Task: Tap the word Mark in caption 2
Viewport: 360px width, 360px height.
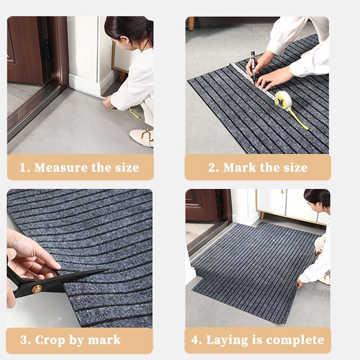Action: click(239, 167)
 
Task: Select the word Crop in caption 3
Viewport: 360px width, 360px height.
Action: click(50, 341)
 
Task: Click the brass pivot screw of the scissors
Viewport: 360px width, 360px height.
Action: click(37, 289)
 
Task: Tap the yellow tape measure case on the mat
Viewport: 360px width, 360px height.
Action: click(283, 100)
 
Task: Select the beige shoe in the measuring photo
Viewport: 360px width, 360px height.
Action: click(142, 137)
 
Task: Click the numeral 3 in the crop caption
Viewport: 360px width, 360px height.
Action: click(24, 340)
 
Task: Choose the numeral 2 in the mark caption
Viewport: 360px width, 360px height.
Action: click(212, 167)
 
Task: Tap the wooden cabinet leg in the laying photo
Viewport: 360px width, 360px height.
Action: click(262, 215)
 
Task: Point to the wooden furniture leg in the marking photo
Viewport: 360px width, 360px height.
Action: click(191, 23)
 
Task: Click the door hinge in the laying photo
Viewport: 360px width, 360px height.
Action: click(219, 199)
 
